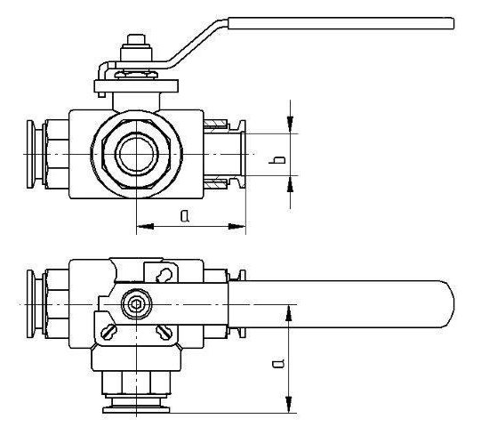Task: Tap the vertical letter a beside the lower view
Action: coord(278,361)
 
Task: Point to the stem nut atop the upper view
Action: coord(136,43)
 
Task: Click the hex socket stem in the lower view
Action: coord(135,304)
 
